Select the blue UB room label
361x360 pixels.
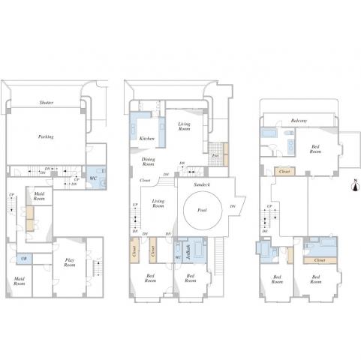[x=24, y=259]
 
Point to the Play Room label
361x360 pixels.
[x=68, y=262]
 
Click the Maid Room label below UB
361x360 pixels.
[x=20, y=282]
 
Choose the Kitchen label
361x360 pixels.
[x=147, y=138]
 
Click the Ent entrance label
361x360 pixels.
[x=215, y=156]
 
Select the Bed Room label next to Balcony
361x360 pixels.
[x=317, y=148]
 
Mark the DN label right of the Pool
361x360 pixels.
[x=233, y=206]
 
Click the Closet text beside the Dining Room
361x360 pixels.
[x=144, y=181]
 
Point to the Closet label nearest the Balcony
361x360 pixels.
[x=284, y=172]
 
